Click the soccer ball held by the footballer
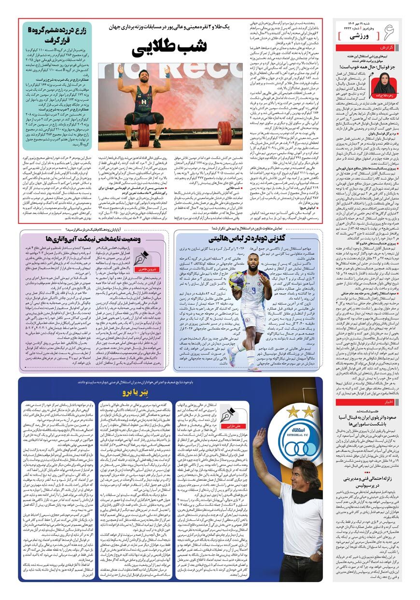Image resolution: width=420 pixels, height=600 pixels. [237, 279]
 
